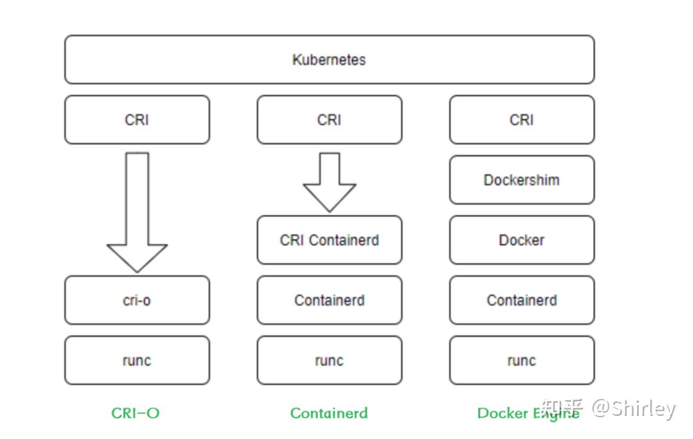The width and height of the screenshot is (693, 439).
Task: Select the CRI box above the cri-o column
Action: click(x=137, y=120)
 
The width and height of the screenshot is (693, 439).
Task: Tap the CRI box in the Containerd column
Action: click(x=329, y=120)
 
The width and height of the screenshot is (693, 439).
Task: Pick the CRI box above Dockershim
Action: click(x=521, y=120)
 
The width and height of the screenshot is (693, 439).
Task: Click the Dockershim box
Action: click(x=521, y=180)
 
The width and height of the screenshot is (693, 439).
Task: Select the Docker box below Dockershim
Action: click(x=521, y=240)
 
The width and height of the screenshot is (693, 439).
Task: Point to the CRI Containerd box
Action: click(x=329, y=240)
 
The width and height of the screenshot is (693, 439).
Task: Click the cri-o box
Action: click(x=137, y=301)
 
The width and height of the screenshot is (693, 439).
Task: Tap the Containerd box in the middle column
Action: click(x=329, y=301)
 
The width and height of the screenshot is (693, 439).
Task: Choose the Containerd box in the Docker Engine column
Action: click(x=521, y=301)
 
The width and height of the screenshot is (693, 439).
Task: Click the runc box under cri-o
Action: click(x=137, y=361)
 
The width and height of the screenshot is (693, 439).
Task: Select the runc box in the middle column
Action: click(x=329, y=361)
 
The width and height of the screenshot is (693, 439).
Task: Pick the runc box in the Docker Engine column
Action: click(x=521, y=361)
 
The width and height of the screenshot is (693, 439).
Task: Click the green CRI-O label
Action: click(x=135, y=413)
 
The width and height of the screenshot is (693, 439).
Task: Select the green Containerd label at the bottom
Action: click(x=329, y=413)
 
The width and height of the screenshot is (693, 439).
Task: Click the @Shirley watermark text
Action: click(x=634, y=409)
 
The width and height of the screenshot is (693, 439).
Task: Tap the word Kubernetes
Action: click(x=329, y=60)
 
